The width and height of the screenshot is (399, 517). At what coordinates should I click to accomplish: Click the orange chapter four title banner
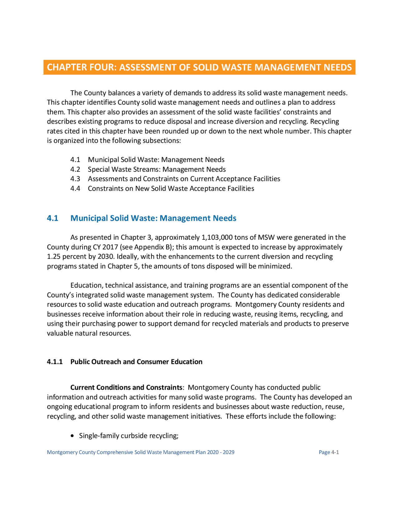tap(199, 67)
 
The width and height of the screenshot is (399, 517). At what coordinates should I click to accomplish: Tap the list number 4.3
tap(75, 179)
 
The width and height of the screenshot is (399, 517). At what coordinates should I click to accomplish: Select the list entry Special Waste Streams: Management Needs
tap(156, 169)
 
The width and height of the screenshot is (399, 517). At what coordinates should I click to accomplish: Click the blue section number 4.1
tap(52, 218)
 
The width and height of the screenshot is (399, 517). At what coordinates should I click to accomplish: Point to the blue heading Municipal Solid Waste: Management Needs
tap(153, 218)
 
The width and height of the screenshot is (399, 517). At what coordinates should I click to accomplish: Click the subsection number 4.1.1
tap(55, 362)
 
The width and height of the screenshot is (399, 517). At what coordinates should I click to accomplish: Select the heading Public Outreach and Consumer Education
tap(136, 362)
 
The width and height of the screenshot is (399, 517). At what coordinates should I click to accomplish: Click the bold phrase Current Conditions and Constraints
tap(126, 387)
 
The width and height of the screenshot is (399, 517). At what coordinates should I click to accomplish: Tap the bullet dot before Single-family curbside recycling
tap(73, 436)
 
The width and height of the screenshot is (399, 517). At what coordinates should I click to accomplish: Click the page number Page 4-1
tap(329, 452)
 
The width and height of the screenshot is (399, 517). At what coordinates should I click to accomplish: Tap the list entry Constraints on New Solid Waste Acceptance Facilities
tap(171, 189)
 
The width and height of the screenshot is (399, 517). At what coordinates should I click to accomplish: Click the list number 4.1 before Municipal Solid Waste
tap(75, 160)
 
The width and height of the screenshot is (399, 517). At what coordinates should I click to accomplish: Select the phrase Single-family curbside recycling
tap(128, 436)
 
